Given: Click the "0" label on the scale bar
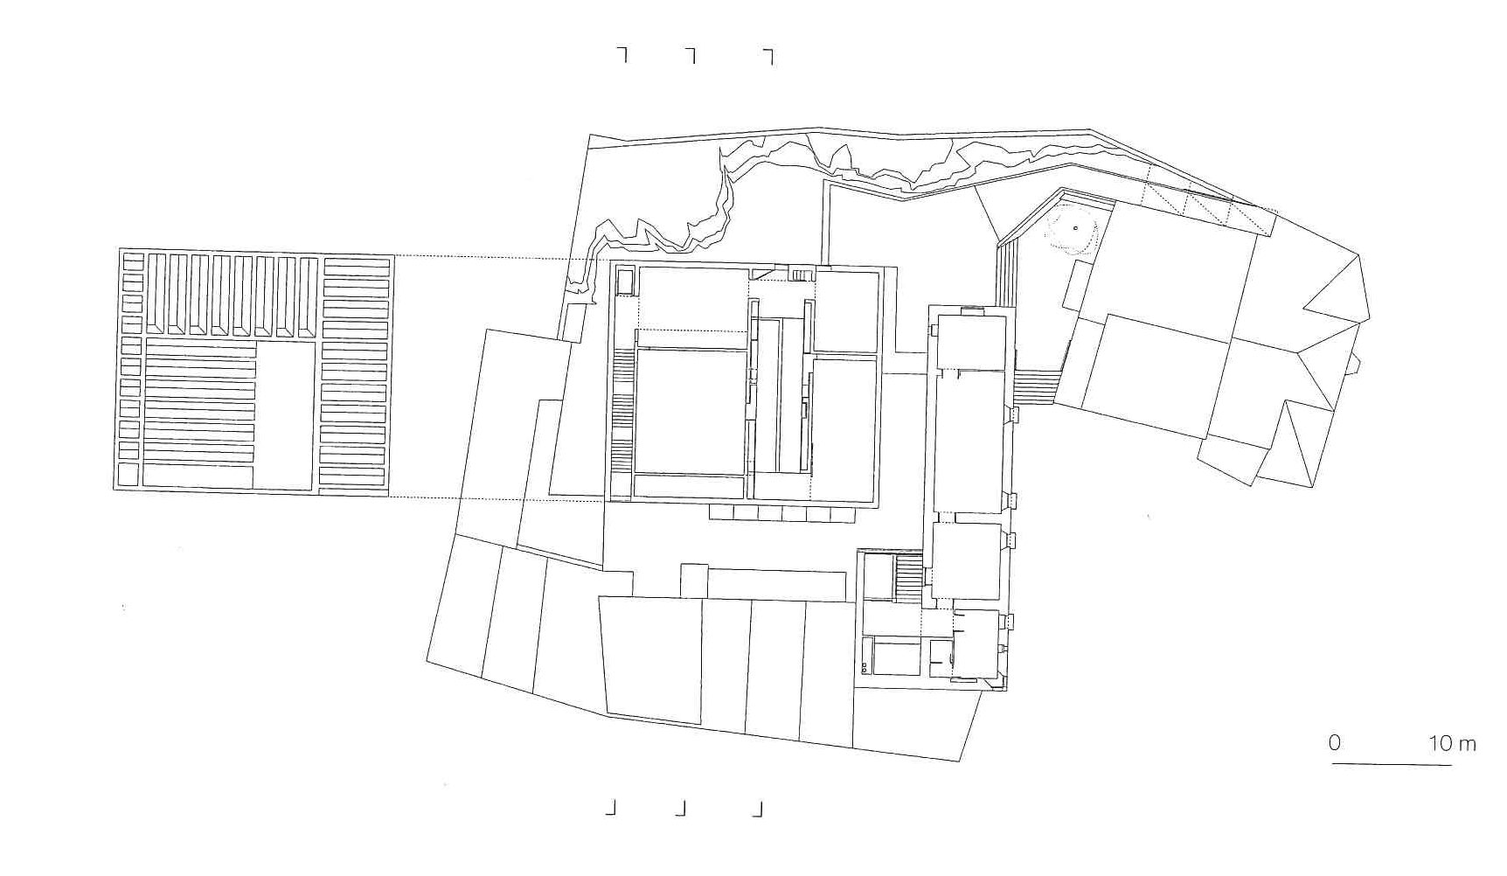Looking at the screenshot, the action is point(1334,743).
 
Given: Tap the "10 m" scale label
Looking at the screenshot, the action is point(1452,744).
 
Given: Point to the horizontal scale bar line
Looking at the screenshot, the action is point(1392,765).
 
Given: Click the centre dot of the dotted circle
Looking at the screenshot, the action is point(1075,228).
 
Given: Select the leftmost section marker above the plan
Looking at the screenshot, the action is point(622,54).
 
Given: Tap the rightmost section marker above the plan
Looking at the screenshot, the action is point(767,57).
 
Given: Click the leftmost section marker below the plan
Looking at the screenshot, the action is point(611,808).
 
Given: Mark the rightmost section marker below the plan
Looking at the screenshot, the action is point(758,810).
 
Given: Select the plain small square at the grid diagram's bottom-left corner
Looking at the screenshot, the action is point(128,475).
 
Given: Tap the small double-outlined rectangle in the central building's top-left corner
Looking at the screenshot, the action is point(625,282).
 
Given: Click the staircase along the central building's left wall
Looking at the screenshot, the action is point(622,411).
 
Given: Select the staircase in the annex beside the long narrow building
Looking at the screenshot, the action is point(908,578).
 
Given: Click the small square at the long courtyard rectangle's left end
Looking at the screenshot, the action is point(694,581).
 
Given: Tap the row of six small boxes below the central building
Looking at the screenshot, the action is point(782,514).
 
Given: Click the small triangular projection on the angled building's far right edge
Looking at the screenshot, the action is point(1356,363).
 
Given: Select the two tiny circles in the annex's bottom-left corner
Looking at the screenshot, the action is point(865,667).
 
